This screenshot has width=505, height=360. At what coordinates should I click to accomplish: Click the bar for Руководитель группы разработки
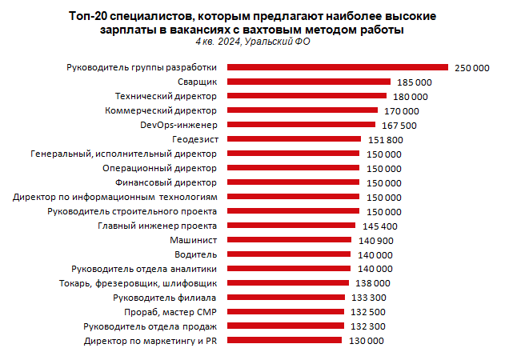[338, 67]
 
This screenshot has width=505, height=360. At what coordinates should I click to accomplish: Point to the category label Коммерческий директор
[162, 110]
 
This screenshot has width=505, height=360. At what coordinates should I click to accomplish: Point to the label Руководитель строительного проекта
[133, 211]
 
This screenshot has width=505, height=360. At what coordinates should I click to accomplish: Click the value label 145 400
[381, 226]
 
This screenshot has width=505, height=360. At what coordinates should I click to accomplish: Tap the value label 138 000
[373, 283]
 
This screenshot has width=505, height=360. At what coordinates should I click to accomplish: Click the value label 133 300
[369, 298]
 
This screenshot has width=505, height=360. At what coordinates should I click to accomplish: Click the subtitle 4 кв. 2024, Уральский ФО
[251, 42]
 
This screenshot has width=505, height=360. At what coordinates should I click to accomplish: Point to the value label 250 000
[471, 67]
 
